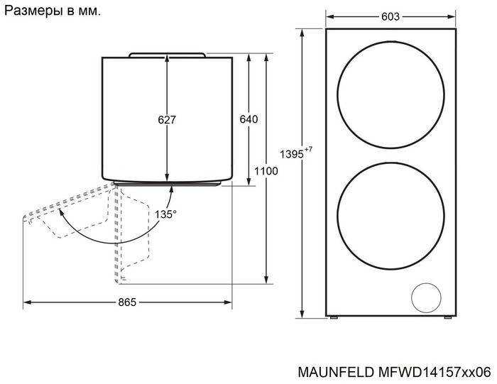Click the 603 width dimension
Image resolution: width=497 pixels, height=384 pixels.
tap(390, 16)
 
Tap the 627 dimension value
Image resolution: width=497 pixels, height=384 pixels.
tap(167, 119)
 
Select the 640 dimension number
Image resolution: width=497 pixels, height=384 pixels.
tap(248, 119)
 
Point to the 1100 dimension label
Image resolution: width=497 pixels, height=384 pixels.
tap(266, 171)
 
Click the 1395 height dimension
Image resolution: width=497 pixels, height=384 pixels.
tap(292, 154)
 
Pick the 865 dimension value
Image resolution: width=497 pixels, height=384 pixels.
tap(127, 302)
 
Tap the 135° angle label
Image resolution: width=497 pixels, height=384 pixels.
tap(165, 214)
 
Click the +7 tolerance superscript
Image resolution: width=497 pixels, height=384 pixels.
tap(308, 149)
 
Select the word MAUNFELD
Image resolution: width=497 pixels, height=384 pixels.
tap(336, 372)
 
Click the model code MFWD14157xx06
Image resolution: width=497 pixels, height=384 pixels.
tap(435, 372)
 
